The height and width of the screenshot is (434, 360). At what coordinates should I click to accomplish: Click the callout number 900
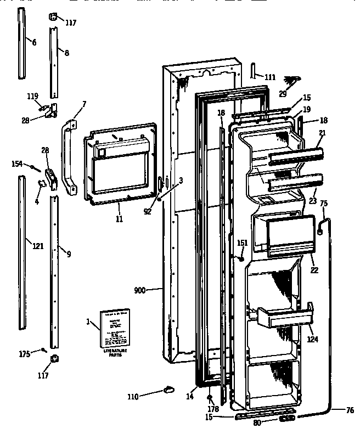pos(139,290)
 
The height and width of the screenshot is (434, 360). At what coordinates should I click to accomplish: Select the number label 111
pos(269,77)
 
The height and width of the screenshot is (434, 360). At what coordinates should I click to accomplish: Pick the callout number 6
pos(33,42)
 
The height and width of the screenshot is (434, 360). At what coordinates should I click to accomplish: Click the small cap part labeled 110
pos(166,390)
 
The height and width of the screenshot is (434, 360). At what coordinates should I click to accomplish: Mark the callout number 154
pos(18,164)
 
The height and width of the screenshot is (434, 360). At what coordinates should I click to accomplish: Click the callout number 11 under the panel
pos(119,219)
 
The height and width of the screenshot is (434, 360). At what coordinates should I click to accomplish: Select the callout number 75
pos(323,204)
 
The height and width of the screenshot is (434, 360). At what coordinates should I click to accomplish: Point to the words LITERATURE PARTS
pos(115,352)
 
